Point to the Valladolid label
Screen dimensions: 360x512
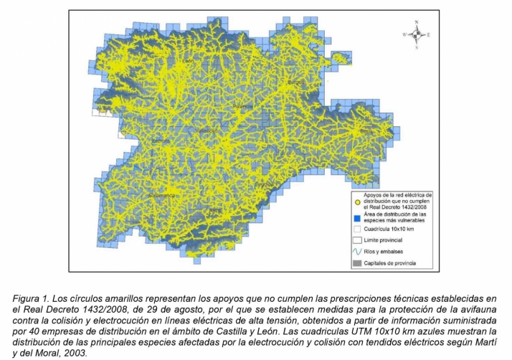coord(207,131)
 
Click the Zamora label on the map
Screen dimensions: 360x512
coord(161,141)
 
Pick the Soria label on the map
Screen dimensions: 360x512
coord(366,132)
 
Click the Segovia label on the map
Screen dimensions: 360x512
coord(266,183)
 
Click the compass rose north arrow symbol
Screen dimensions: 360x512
coord(416,34)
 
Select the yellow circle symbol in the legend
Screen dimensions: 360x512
coord(357,202)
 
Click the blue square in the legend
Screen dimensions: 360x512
coord(357,217)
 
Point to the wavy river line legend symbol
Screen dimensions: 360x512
coord(357,252)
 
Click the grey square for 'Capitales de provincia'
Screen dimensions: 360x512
coord(357,265)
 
